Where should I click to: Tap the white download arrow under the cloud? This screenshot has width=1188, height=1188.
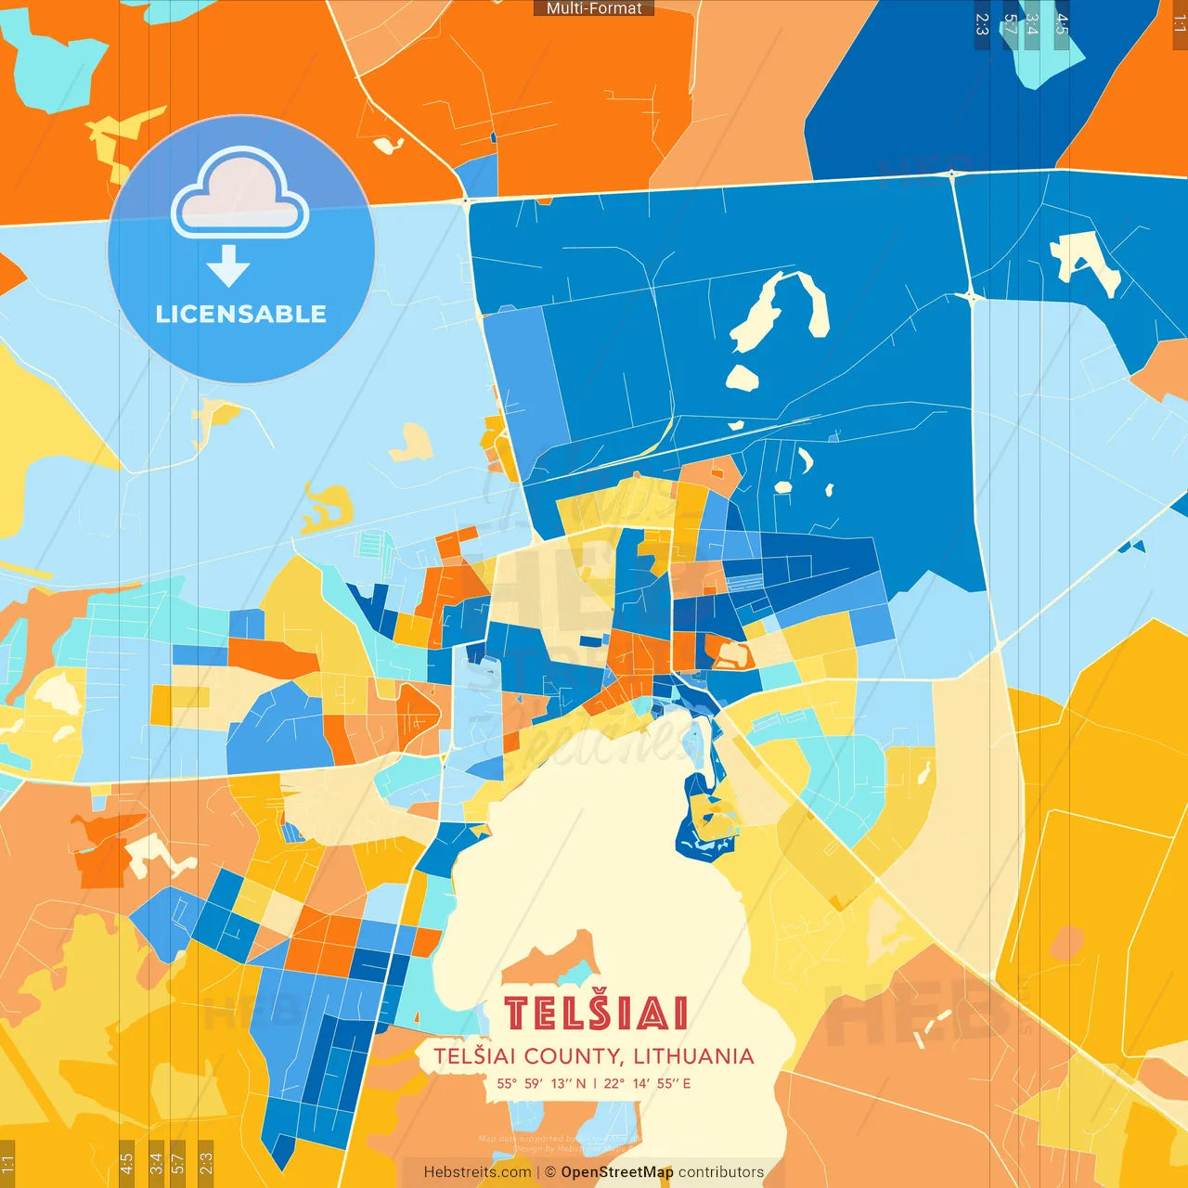pos(228,265)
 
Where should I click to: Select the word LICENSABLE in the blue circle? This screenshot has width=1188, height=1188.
pos(240,314)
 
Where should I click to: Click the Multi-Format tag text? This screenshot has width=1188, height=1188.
pos(594,8)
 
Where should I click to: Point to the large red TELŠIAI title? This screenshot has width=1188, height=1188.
pos(595,1014)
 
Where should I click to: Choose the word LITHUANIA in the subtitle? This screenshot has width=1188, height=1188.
pos(693,1056)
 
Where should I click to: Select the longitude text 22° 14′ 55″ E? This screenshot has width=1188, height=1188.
pos(647,1083)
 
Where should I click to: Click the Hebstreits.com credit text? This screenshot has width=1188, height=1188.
pos(477,1172)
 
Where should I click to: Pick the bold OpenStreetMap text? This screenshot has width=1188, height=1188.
pos(617,1172)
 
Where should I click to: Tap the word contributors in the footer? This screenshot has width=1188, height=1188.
pos(721,1172)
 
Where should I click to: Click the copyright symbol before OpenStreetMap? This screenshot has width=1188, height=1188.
pos(550,1172)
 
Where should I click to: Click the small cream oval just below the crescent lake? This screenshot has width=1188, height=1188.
pos(742,377)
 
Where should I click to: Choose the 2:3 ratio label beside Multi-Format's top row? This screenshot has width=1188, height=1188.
pos(981,24)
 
